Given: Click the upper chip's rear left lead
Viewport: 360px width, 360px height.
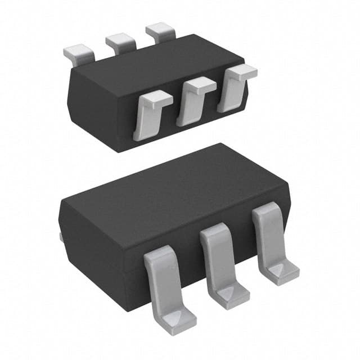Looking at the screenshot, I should pos(78,53).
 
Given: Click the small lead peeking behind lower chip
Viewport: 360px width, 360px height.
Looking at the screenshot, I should pos(61,238).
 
